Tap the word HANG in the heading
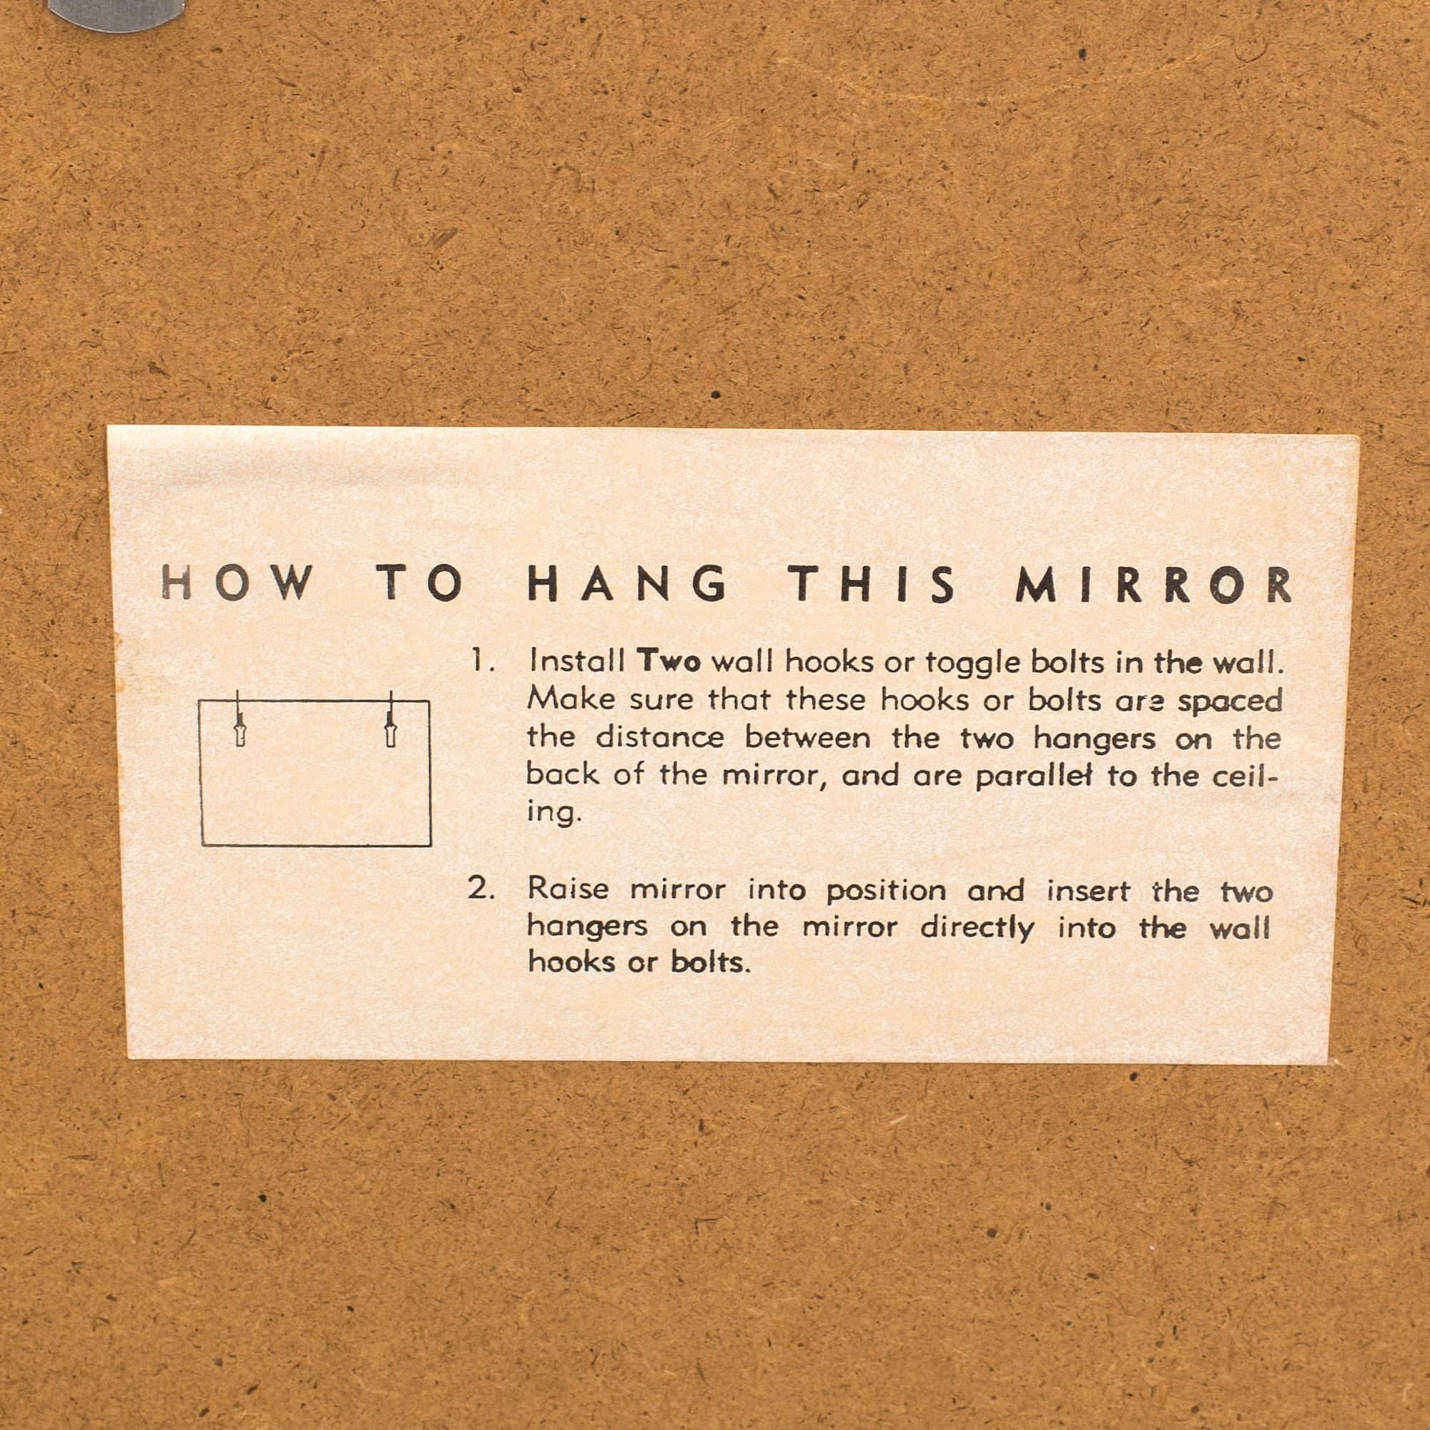point(627,585)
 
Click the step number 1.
point(483,660)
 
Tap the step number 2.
point(481,889)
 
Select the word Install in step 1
point(577,660)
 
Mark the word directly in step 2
point(977,928)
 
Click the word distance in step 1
point(659,737)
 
